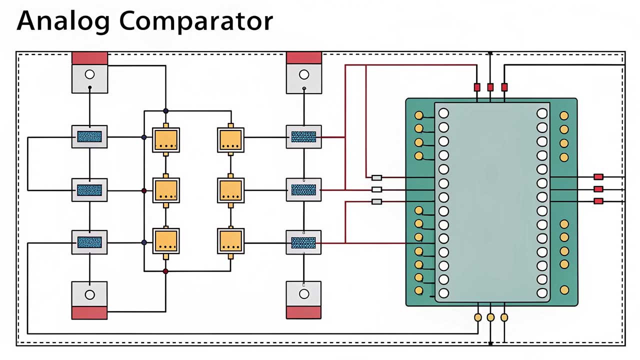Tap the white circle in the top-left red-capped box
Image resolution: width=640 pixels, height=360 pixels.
coord(89,74)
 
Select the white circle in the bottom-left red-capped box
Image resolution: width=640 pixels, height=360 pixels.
coord(89,294)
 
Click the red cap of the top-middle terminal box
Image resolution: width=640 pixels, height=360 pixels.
coord(303,57)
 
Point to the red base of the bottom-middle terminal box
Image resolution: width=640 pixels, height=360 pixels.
coord(303,312)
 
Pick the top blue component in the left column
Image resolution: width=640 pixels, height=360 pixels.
coord(89,136)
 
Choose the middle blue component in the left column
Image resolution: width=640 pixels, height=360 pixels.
coord(89,190)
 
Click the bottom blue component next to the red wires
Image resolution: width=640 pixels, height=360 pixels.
coord(303,242)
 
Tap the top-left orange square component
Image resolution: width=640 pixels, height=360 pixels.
coord(166,139)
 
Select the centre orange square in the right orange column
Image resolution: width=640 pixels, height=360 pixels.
coord(230,190)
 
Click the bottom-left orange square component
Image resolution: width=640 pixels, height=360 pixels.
coord(166,240)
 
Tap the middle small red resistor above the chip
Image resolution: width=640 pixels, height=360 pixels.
coord(490,87)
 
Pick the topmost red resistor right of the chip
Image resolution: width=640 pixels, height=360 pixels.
coord(598,176)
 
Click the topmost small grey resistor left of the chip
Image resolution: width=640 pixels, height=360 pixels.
coord(377,177)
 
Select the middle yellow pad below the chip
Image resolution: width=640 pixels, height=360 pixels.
coord(490,317)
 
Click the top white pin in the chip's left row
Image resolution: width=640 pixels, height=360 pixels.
coord(443,113)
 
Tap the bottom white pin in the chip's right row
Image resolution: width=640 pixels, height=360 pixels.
coord(542,292)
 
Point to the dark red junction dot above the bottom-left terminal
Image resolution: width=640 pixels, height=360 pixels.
coord(165,271)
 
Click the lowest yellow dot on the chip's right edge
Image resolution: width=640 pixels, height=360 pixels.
coord(564,289)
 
